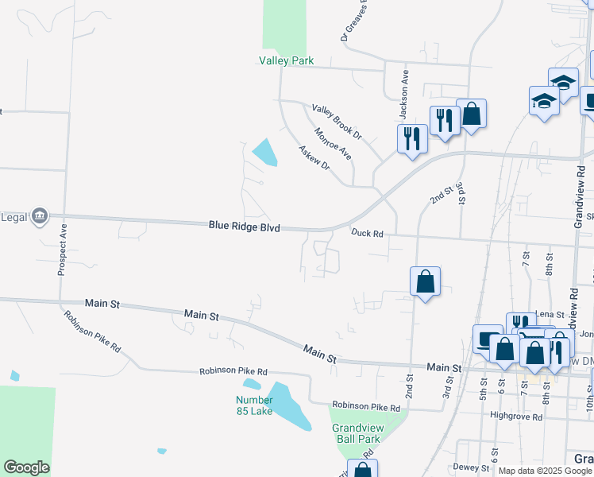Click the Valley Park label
pos(287,60)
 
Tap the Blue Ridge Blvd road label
pos(245,227)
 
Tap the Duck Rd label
pos(368,233)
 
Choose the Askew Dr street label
pos(314,157)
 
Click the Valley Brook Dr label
pos(337,122)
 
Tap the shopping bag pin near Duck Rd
pos(426,281)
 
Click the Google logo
pos(26,467)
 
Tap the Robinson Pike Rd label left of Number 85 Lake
pos(233,370)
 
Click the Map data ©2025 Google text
pos(544,471)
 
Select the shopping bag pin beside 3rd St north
pos(471,113)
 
